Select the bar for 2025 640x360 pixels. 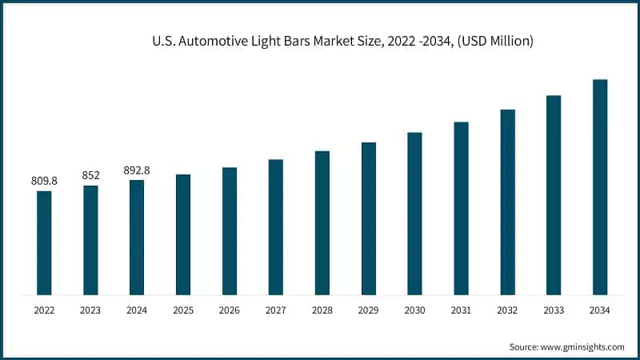183,234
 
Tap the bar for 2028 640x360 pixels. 322,222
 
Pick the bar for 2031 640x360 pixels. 461,208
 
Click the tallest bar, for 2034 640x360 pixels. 600,187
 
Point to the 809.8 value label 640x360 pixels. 44,182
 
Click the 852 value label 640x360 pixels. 90,176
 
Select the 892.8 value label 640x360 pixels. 137,170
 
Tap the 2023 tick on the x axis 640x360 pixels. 90,310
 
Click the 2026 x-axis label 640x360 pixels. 230,310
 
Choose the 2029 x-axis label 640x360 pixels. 368,310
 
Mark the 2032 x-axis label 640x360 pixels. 507,310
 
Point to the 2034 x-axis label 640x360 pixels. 600,310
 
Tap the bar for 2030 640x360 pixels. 414,214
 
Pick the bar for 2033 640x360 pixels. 554,195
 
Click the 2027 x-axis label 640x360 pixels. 276,310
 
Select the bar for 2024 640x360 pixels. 137,238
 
